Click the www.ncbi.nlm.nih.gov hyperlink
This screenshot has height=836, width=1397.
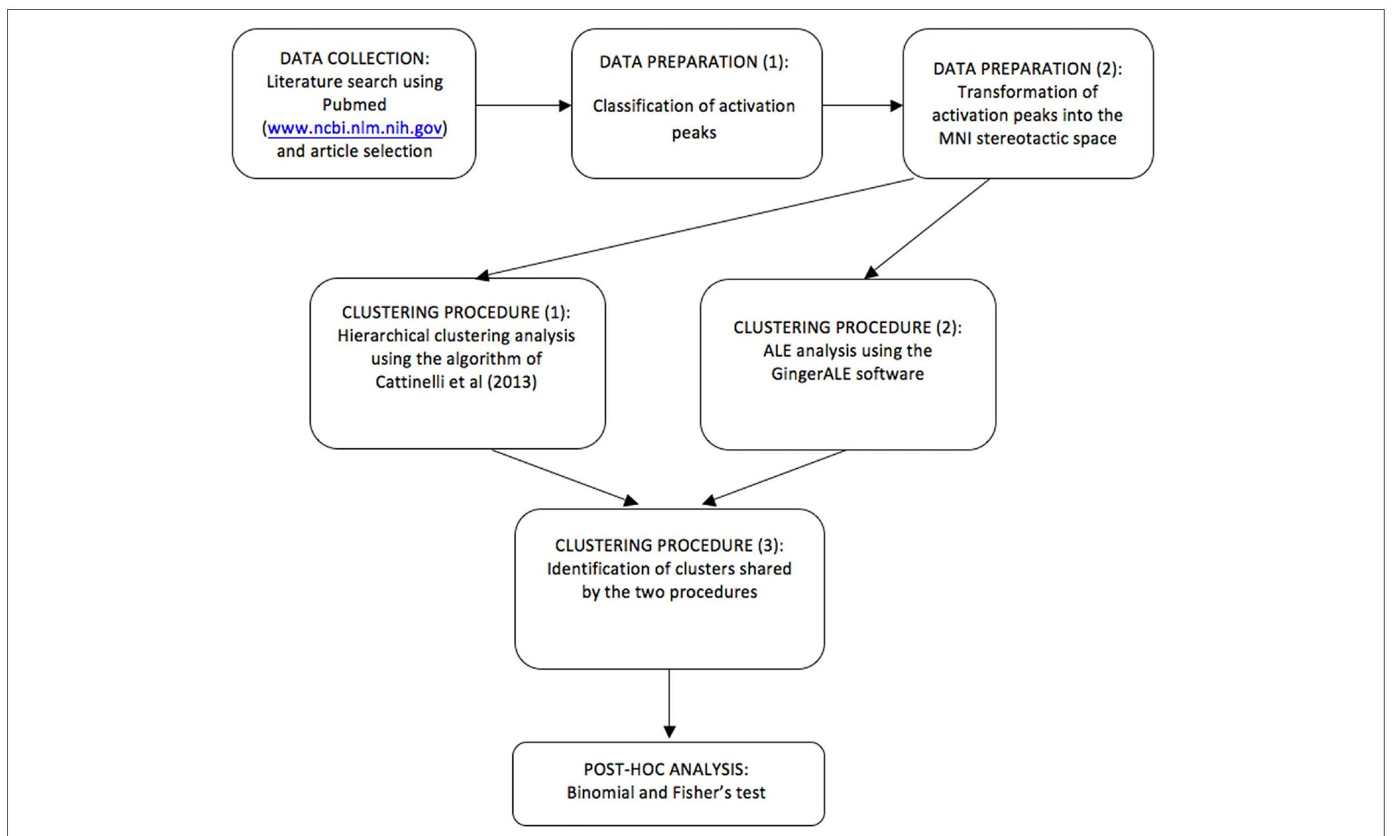click(354, 128)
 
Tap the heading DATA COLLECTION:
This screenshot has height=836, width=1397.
click(354, 58)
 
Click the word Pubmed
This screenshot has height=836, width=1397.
click(354, 105)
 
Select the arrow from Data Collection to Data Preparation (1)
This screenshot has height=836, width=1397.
click(523, 105)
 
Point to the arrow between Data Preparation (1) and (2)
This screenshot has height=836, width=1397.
click(862, 105)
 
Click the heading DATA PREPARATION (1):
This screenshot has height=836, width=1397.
click(694, 62)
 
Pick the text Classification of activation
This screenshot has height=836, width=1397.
click(694, 106)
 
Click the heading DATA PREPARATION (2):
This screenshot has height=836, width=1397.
click(1027, 69)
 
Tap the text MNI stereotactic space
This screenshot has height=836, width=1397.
click(1027, 139)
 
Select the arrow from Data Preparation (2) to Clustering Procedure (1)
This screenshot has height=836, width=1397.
click(694, 227)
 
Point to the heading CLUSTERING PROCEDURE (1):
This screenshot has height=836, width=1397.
click(456, 313)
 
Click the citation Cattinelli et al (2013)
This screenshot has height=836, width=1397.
click(456, 382)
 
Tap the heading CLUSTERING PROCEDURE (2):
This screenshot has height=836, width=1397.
click(848, 328)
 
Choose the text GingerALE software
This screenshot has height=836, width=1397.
click(848, 374)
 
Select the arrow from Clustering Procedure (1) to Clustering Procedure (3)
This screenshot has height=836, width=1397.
click(564, 477)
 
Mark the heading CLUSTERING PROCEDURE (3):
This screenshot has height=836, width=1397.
click(669, 546)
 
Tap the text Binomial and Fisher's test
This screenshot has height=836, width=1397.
click(666, 793)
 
